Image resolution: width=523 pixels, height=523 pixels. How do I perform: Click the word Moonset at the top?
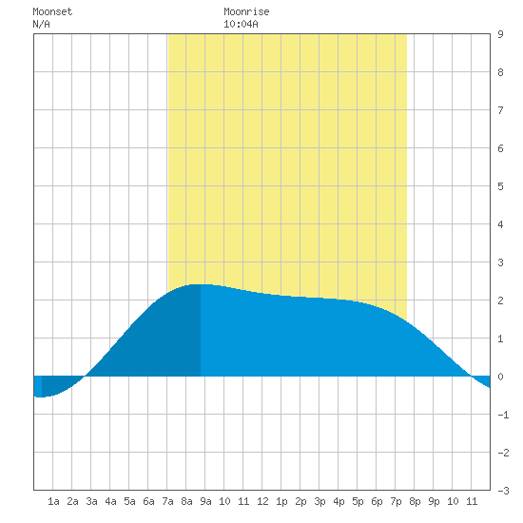[x=52, y=11]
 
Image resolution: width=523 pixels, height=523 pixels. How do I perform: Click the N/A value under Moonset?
[x=41, y=24]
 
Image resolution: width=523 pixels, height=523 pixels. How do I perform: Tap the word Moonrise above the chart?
[x=246, y=11]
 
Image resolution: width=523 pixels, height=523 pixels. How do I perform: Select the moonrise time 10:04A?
[x=241, y=24]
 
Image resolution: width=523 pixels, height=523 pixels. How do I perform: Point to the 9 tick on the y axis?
[x=500, y=34]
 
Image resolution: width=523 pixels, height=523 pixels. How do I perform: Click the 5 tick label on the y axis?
[x=500, y=186]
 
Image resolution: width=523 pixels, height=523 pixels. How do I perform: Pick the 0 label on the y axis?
[x=500, y=377]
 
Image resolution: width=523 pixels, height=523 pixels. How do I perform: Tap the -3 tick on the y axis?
[x=503, y=491]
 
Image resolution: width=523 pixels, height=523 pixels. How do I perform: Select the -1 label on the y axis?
[x=503, y=415]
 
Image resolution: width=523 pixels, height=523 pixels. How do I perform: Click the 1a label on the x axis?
[x=53, y=501]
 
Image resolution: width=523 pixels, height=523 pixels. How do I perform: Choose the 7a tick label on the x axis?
[x=167, y=501]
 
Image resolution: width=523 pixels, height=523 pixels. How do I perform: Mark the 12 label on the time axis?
[x=262, y=501]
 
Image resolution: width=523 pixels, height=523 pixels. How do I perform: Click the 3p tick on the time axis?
[x=320, y=501]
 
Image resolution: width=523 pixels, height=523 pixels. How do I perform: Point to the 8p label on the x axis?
[x=415, y=501]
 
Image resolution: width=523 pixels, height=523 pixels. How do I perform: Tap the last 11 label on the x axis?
[x=472, y=501]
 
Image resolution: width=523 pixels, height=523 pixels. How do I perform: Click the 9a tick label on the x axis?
[x=205, y=501]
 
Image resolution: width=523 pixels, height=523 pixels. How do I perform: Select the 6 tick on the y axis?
[x=500, y=148]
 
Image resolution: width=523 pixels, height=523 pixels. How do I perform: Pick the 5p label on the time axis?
[x=358, y=501]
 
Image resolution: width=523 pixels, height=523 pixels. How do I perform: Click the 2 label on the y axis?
[x=500, y=300]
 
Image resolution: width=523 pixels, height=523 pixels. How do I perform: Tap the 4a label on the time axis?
[x=110, y=501]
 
